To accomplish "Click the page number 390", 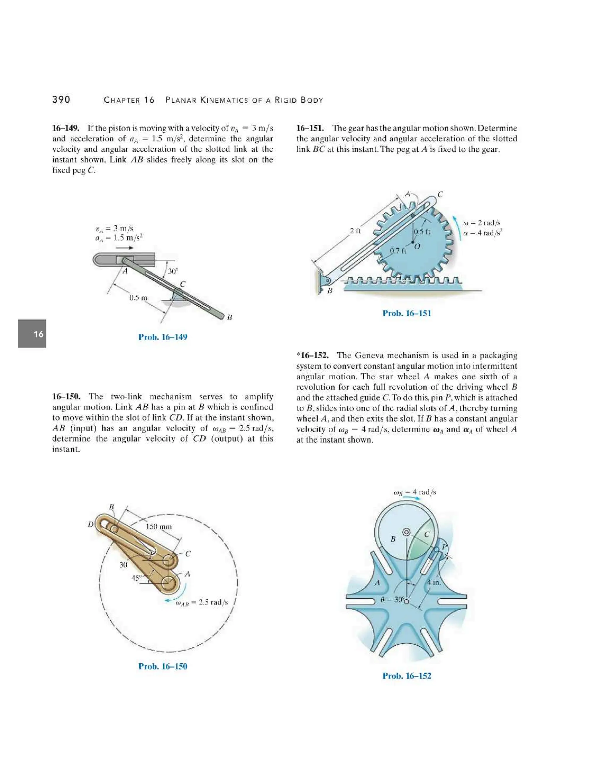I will coord(61,99).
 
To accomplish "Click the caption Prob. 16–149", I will coord(163,337).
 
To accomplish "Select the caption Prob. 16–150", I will coord(163,666).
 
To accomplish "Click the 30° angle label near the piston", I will coord(173,271).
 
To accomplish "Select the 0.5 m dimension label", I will coord(138,298).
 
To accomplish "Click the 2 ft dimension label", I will coord(355,231).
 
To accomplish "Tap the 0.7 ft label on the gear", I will coord(398,251).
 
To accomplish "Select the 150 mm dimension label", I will coord(159,527).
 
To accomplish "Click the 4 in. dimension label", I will coord(434,582).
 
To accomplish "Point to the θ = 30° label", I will coord(392,599).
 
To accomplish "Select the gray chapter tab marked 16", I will coord(32,333).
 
